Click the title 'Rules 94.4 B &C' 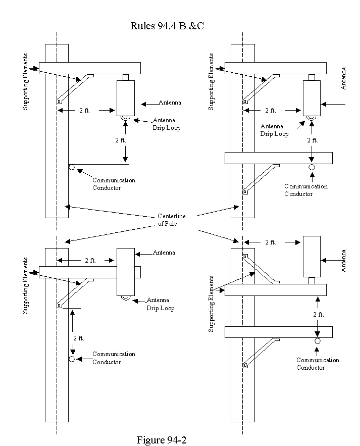(167, 26)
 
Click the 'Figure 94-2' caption (162, 440)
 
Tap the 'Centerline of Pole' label (171, 220)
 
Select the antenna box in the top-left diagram (126, 98)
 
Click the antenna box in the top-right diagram (312, 98)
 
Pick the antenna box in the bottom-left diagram (126, 272)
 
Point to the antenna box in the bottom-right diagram (312, 257)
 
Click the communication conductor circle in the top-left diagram (72, 167)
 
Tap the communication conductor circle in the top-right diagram (312, 167)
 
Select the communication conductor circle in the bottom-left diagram (72, 359)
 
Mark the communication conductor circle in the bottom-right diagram (318, 341)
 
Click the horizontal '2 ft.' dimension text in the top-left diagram (84, 110)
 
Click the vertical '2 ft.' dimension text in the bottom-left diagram (79, 338)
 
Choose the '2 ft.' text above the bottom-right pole (271, 242)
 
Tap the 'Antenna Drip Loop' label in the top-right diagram (274, 130)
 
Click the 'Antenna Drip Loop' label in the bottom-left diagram (161, 304)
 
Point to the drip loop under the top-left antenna (125, 118)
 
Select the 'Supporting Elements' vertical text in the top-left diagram (26, 82)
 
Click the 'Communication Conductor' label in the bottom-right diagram (318, 364)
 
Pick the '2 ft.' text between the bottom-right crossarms (319, 315)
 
